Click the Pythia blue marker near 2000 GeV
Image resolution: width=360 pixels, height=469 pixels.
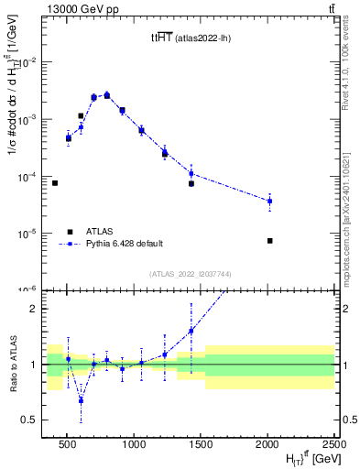coord(269,201)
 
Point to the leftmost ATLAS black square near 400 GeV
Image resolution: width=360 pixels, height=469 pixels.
coord(55,183)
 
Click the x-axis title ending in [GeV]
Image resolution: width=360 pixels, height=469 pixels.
coord(302,459)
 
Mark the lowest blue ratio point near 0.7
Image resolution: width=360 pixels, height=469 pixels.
coord(81,400)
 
